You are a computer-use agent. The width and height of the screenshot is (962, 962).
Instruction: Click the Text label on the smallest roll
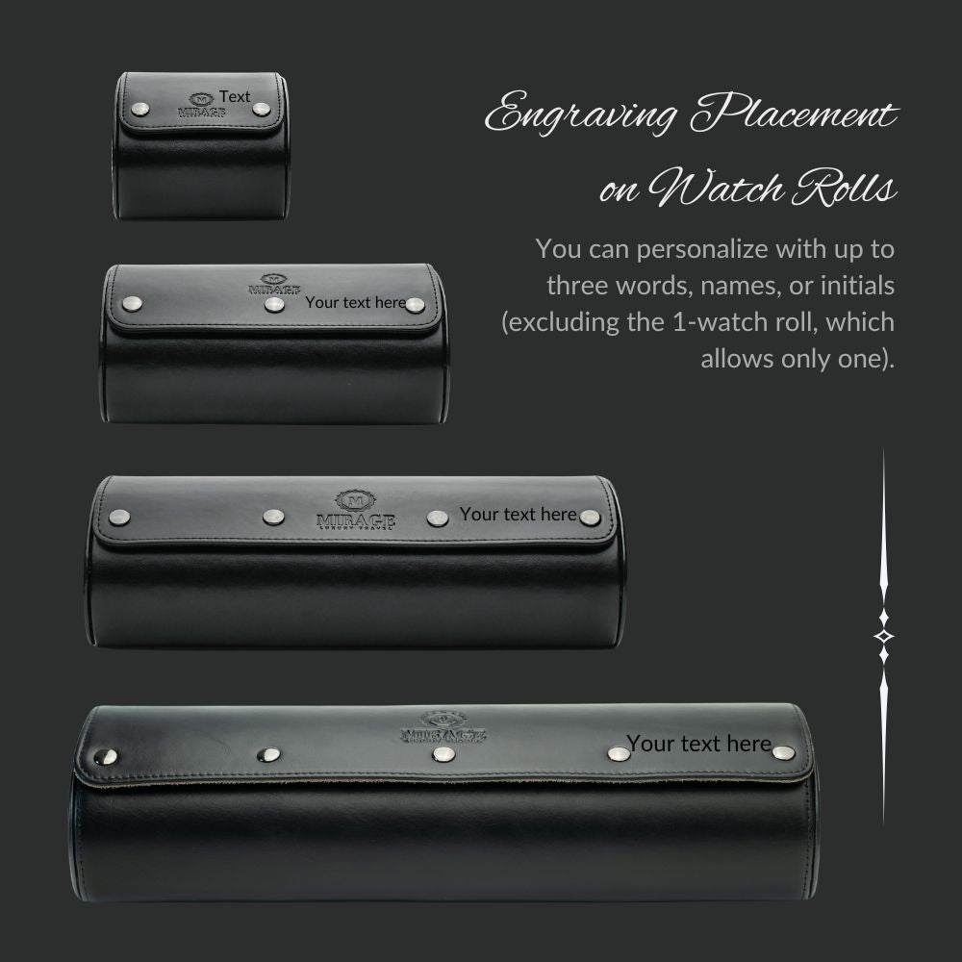(x=235, y=96)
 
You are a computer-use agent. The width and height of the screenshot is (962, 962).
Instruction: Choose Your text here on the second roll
(x=356, y=302)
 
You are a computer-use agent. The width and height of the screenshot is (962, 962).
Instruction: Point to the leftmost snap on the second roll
(x=130, y=305)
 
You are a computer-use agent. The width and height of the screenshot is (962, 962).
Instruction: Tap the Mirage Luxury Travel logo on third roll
(x=355, y=511)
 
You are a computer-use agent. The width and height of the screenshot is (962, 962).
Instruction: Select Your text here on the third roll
(x=518, y=514)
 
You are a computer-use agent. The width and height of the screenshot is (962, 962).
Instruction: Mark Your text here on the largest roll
(x=698, y=743)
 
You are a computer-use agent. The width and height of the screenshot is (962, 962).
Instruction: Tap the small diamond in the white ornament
(x=883, y=636)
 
